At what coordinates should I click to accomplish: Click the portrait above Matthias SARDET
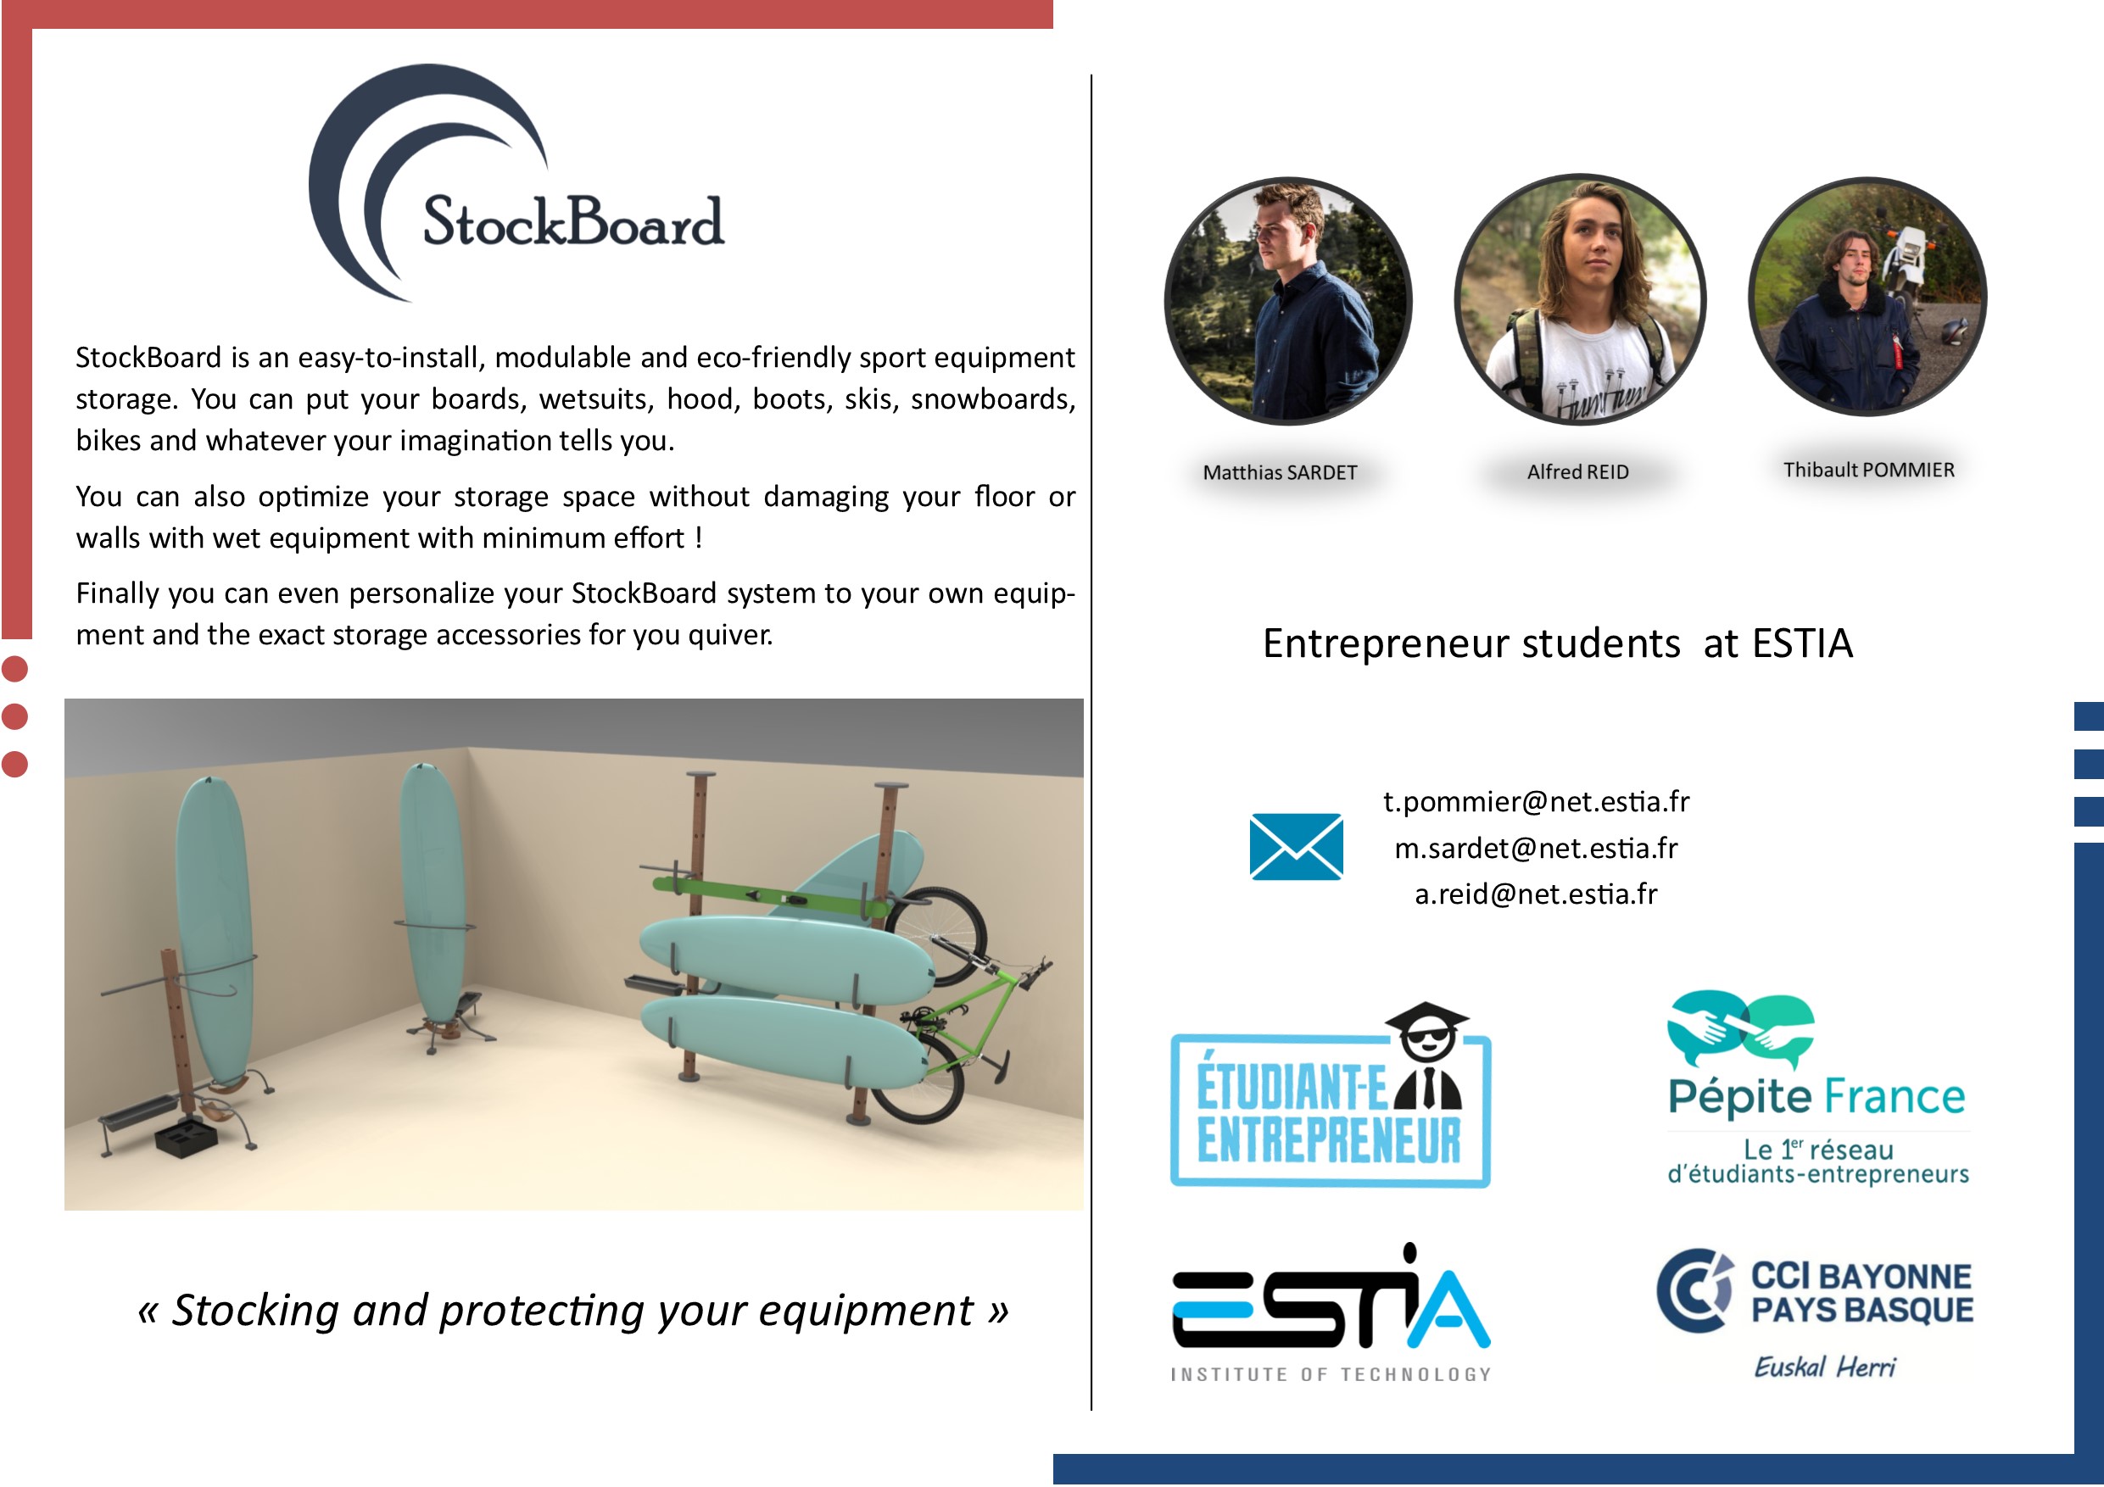point(1287,300)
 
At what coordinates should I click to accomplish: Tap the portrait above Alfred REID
point(1580,299)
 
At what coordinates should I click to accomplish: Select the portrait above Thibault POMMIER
point(1867,296)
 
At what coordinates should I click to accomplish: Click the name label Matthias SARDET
point(1279,473)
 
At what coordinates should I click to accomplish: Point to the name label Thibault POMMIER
point(1868,470)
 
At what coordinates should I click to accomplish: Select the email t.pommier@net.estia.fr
point(1536,802)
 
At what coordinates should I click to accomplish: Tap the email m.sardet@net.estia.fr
point(1536,849)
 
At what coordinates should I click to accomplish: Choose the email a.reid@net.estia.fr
point(1536,894)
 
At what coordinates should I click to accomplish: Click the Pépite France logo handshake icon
point(1740,1028)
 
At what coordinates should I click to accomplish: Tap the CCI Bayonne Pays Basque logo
point(1815,1292)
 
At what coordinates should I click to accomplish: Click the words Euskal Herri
point(1824,1367)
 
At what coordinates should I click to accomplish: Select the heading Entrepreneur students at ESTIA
point(1558,643)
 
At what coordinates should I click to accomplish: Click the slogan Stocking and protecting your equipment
point(573,1310)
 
